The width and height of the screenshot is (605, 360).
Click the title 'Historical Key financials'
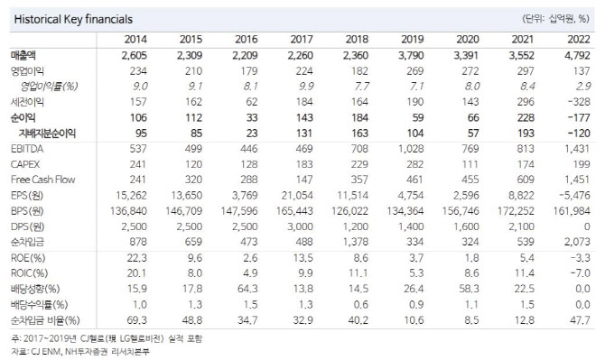pos(62,18)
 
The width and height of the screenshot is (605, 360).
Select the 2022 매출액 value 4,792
pos(567,56)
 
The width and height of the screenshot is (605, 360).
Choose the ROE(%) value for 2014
pos(135,258)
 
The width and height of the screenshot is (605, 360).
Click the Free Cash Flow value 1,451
pos(567,180)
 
